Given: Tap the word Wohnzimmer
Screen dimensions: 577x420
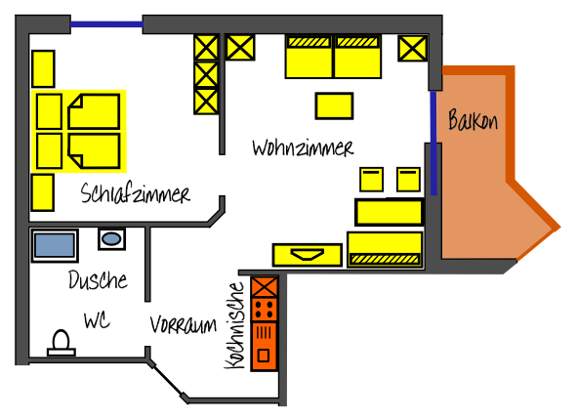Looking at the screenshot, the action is [x=303, y=147].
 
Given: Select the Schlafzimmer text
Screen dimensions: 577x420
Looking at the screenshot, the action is [x=135, y=193].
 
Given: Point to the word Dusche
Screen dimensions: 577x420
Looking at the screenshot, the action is [x=98, y=279].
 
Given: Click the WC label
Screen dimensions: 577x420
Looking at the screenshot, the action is [x=97, y=320].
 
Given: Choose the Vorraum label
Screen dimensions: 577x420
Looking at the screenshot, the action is [x=184, y=325].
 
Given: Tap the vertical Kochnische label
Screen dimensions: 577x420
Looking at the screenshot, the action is [x=234, y=325].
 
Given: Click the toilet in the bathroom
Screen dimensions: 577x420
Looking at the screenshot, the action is [x=62, y=344].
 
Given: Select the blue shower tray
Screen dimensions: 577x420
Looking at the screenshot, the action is [x=55, y=245].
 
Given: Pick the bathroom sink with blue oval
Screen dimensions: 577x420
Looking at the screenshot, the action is [x=111, y=239].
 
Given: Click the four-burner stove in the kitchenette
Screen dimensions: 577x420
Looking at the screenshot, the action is [x=265, y=310].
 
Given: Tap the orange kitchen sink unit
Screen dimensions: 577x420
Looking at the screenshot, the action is [x=265, y=346].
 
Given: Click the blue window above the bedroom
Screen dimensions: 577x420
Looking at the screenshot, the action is [x=106, y=24].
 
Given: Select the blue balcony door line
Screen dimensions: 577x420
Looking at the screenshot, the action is [x=433, y=143].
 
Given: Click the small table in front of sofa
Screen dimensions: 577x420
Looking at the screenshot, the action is [x=334, y=106].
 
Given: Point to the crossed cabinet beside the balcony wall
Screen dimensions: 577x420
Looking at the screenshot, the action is [x=413, y=48].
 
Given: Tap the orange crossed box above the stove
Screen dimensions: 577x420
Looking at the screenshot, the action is [x=265, y=287].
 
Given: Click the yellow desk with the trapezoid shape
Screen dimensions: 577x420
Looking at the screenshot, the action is [x=308, y=255].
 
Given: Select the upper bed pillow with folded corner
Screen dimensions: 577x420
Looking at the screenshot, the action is [x=94, y=111].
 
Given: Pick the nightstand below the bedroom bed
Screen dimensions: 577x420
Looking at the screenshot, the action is [x=43, y=192].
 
